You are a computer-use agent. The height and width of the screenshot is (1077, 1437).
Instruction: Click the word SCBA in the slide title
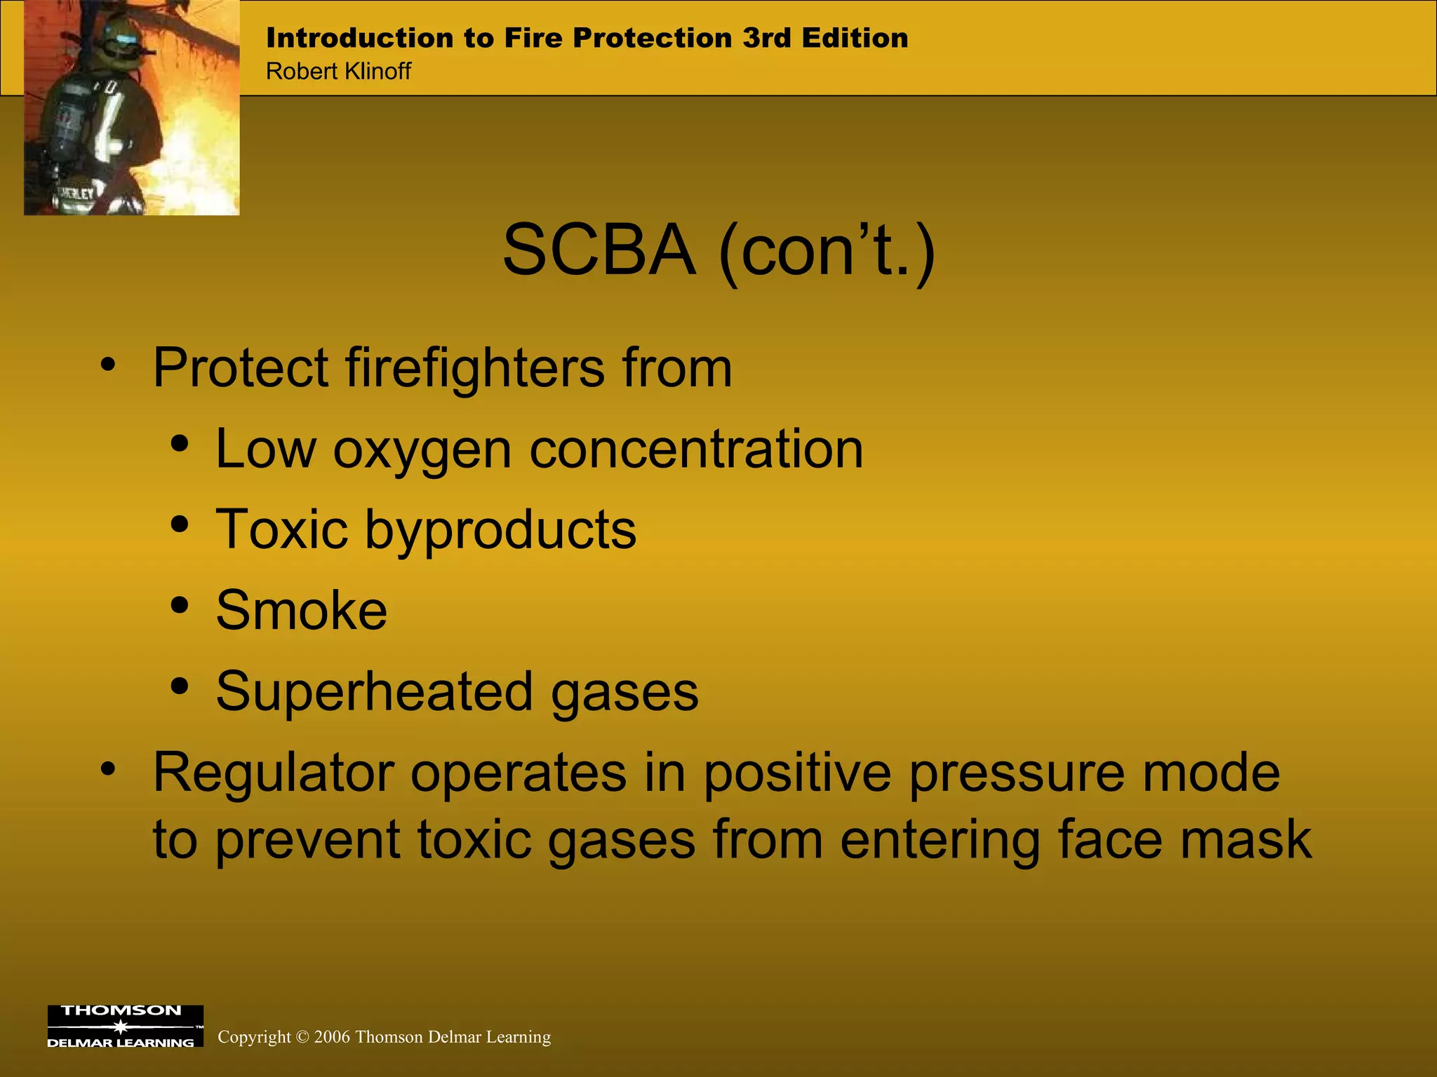(599, 250)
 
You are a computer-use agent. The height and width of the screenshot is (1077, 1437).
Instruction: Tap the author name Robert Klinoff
(338, 72)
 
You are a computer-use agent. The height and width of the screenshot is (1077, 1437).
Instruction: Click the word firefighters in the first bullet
(475, 367)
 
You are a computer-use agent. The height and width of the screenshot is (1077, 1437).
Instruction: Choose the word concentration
(696, 449)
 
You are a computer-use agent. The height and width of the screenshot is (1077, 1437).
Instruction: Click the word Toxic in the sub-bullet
(281, 529)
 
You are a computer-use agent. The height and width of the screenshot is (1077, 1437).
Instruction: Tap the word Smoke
(301, 610)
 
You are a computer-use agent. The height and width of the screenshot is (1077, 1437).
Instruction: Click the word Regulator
(273, 773)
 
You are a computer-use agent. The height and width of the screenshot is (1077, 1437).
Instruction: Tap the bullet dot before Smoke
(180, 605)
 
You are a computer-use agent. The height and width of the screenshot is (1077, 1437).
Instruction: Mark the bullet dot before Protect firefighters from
(107, 364)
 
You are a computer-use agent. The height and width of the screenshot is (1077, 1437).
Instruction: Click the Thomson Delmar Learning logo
(125, 1027)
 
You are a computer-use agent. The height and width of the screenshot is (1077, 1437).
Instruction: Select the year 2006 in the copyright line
(332, 1037)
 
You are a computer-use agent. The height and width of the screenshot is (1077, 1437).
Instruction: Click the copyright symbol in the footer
(302, 1037)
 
